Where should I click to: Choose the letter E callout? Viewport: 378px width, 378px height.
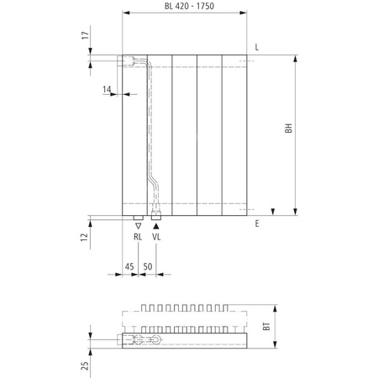[257, 223]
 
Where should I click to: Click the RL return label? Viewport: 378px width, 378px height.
[139, 238]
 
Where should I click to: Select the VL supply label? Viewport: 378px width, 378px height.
[156, 238]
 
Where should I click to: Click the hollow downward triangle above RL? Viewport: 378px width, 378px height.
[139, 226]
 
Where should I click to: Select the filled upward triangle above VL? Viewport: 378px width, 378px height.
[156, 226]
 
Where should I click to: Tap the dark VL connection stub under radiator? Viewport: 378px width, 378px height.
[156, 216]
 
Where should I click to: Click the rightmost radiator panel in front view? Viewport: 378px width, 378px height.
[236, 134]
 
